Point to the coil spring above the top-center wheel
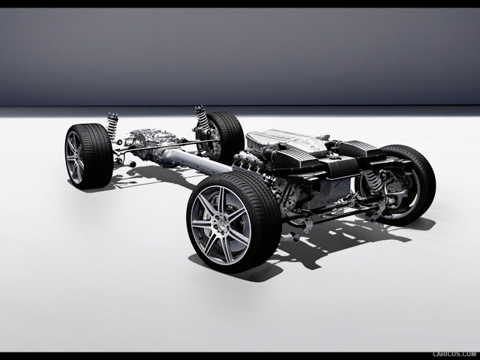(200, 118)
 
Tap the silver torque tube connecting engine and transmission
(196, 159)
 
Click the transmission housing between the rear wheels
(147, 142)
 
